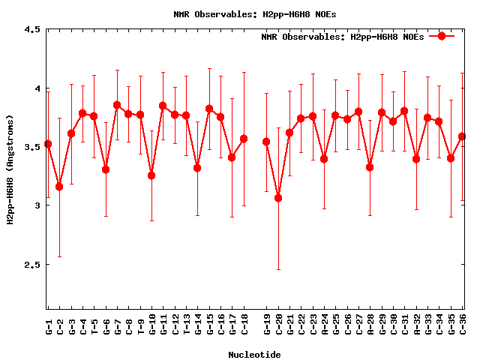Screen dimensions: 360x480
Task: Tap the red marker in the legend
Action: click(x=442, y=36)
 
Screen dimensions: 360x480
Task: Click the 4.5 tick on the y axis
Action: click(x=32, y=30)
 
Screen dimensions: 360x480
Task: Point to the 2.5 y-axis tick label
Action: click(x=32, y=264)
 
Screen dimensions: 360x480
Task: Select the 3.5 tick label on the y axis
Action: click(x=32, y=147)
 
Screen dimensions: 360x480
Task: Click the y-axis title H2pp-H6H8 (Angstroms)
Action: click(x=10, y=169)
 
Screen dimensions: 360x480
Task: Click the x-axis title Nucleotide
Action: click(x=255, y=355)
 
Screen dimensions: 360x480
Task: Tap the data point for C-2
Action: click(x=59, y=186)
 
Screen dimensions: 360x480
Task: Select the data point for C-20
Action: click(x=278, y=198)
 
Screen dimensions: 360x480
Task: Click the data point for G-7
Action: click(x=117, y=105)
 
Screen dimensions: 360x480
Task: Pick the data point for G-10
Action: click(x=151, y=175)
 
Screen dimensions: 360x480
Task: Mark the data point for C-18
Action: click(x=244, y=139)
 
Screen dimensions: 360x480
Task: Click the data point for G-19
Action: click(x=266, y=142)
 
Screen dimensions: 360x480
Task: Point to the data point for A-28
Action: click(x=370, y=166)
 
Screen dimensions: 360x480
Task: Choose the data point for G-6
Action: click(x=106, y=169)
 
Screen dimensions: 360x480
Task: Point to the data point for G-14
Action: click(x=197, y=168)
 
